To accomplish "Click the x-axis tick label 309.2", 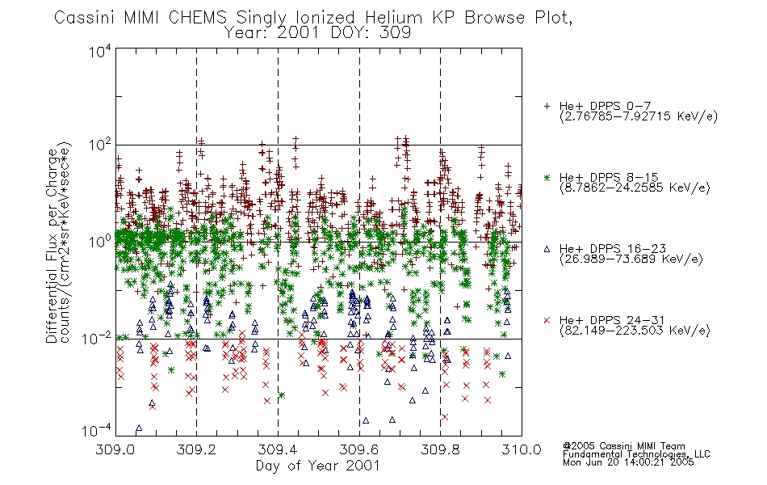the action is tap(197, 449).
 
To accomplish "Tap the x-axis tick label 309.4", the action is tap(278, 449).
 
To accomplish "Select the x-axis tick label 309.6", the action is tap(359, 449).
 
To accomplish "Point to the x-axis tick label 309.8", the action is tap(441, 449).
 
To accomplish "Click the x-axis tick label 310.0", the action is tap(522, 449).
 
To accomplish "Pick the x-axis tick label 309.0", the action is tap(115, 449).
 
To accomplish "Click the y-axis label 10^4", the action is tap(100, 51).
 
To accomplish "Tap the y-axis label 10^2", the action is tap(100, 146).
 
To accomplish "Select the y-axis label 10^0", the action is tap(100, 242).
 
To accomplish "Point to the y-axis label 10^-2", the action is tap(97, 338).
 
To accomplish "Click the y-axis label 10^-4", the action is tap(97, 431).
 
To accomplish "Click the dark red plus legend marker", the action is tap(547, 106).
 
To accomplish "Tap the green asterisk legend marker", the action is tap(547, 177).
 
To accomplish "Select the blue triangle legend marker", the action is tap(547, 249).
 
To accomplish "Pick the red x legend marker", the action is tap(547, 320).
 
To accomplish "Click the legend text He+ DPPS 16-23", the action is tap(613, 249).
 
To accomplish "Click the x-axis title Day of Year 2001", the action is tap(318, 466).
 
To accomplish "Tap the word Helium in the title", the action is tap(394, 17).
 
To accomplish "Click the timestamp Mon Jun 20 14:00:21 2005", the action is tap(628, 462).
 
